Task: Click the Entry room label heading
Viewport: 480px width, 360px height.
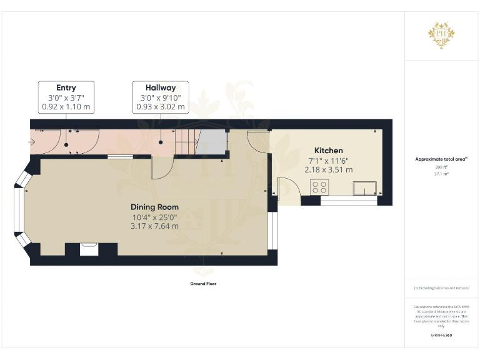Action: [66, 87]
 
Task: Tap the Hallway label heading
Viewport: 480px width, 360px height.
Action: [161, 87]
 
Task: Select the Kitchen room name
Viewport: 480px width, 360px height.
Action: [328, 151]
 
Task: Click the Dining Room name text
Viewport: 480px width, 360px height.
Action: [154, 207]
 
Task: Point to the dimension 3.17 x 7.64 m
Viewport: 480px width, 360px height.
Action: [154, 226]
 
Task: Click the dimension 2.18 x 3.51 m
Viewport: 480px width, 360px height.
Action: [328, 169]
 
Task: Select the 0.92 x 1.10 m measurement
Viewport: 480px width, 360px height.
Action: [66, 107]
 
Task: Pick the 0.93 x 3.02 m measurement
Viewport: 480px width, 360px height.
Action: [161, 107]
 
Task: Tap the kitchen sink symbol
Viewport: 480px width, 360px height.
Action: [364, 187]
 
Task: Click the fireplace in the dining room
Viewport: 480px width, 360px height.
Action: [90, 249]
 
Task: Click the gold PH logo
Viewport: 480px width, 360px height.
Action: [441, 32]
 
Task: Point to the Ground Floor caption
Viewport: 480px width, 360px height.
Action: [203, 284]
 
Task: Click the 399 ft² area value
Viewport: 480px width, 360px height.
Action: [441, 167]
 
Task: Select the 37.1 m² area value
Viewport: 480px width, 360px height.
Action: [441, 174]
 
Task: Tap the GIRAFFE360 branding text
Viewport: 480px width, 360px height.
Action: [441, 336]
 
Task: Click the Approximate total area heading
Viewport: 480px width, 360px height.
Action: [441, 159]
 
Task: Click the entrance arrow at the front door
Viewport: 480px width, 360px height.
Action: [32, 141]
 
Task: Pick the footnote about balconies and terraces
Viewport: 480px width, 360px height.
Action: [441, 287]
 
